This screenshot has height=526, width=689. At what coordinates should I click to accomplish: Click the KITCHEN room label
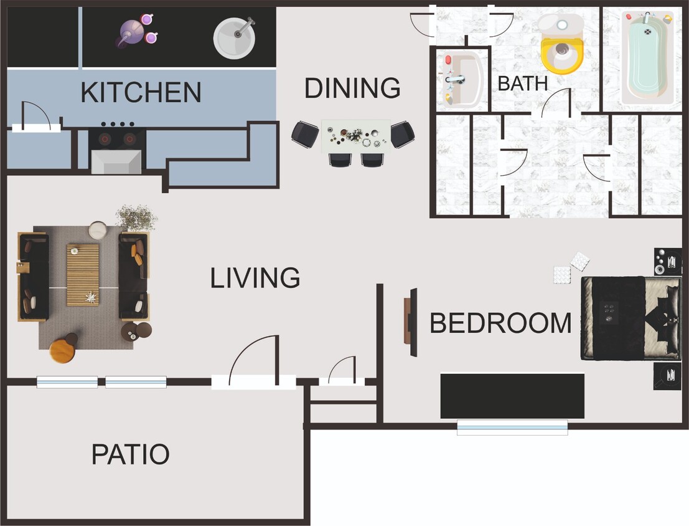[141, 93]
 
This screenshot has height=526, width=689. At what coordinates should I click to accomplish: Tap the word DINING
[352, 88]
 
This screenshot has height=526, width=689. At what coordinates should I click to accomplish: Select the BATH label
[523, 84]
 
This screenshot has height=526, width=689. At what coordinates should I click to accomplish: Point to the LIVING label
[255, 278]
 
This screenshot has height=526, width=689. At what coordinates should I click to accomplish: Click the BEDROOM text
[500, 323]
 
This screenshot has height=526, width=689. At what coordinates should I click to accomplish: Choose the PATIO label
[130, 454]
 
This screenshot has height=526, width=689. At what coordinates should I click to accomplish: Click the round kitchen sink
[234, 37]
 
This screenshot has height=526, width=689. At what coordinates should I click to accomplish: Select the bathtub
[647, 57]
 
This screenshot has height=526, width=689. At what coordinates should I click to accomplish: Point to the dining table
[355, 136]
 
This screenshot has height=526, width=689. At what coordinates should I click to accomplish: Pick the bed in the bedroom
[630, 318]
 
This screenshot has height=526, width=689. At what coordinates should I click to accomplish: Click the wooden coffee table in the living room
[83, 274]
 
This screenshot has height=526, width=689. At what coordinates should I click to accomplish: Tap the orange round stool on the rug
[62, 350]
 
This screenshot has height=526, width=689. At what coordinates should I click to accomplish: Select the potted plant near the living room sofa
[136, 218]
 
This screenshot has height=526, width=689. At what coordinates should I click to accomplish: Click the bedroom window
[512, 427]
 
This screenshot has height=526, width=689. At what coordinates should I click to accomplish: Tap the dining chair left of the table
[305, 133]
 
